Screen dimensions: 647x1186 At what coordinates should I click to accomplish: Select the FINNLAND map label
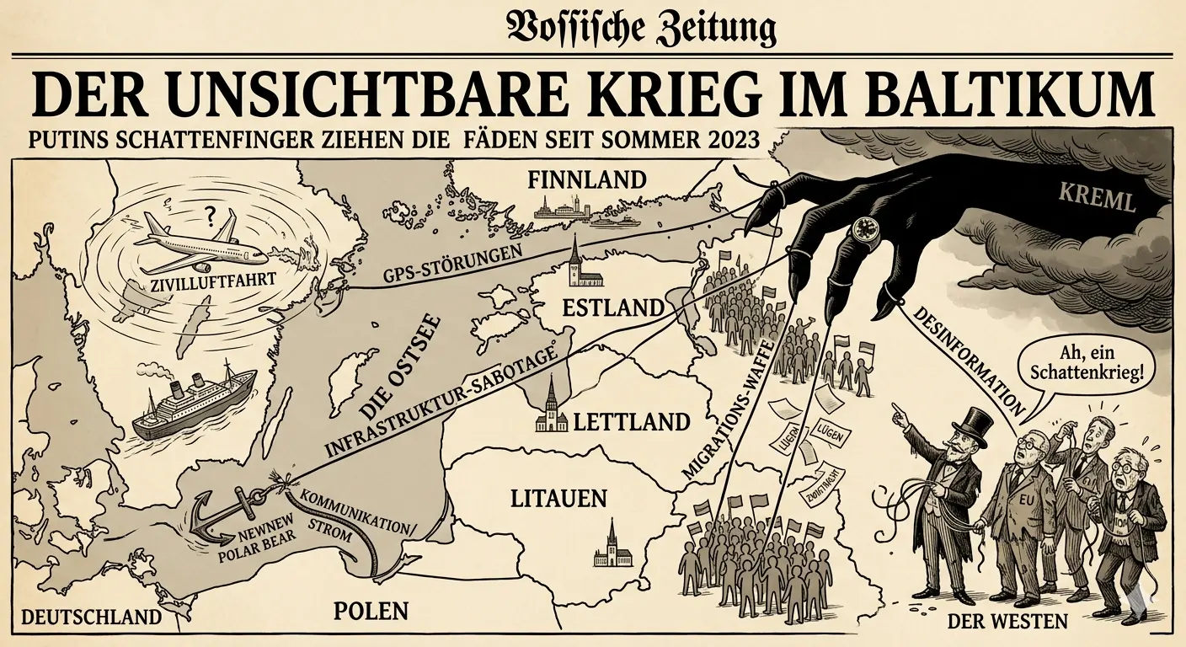click(586, 179)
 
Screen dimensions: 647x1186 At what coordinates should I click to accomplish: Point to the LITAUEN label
click(558, 498)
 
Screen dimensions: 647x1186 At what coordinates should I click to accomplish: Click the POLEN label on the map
click(371, 611)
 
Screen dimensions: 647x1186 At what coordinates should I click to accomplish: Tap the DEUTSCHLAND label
click(91, 617)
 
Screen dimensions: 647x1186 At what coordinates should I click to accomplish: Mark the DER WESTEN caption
click(1007, 623)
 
